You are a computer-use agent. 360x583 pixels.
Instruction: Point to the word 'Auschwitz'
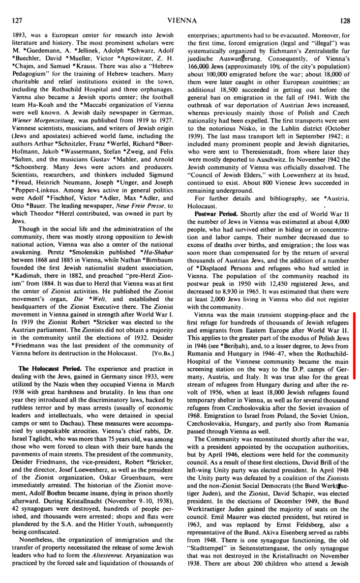(282, 160)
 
